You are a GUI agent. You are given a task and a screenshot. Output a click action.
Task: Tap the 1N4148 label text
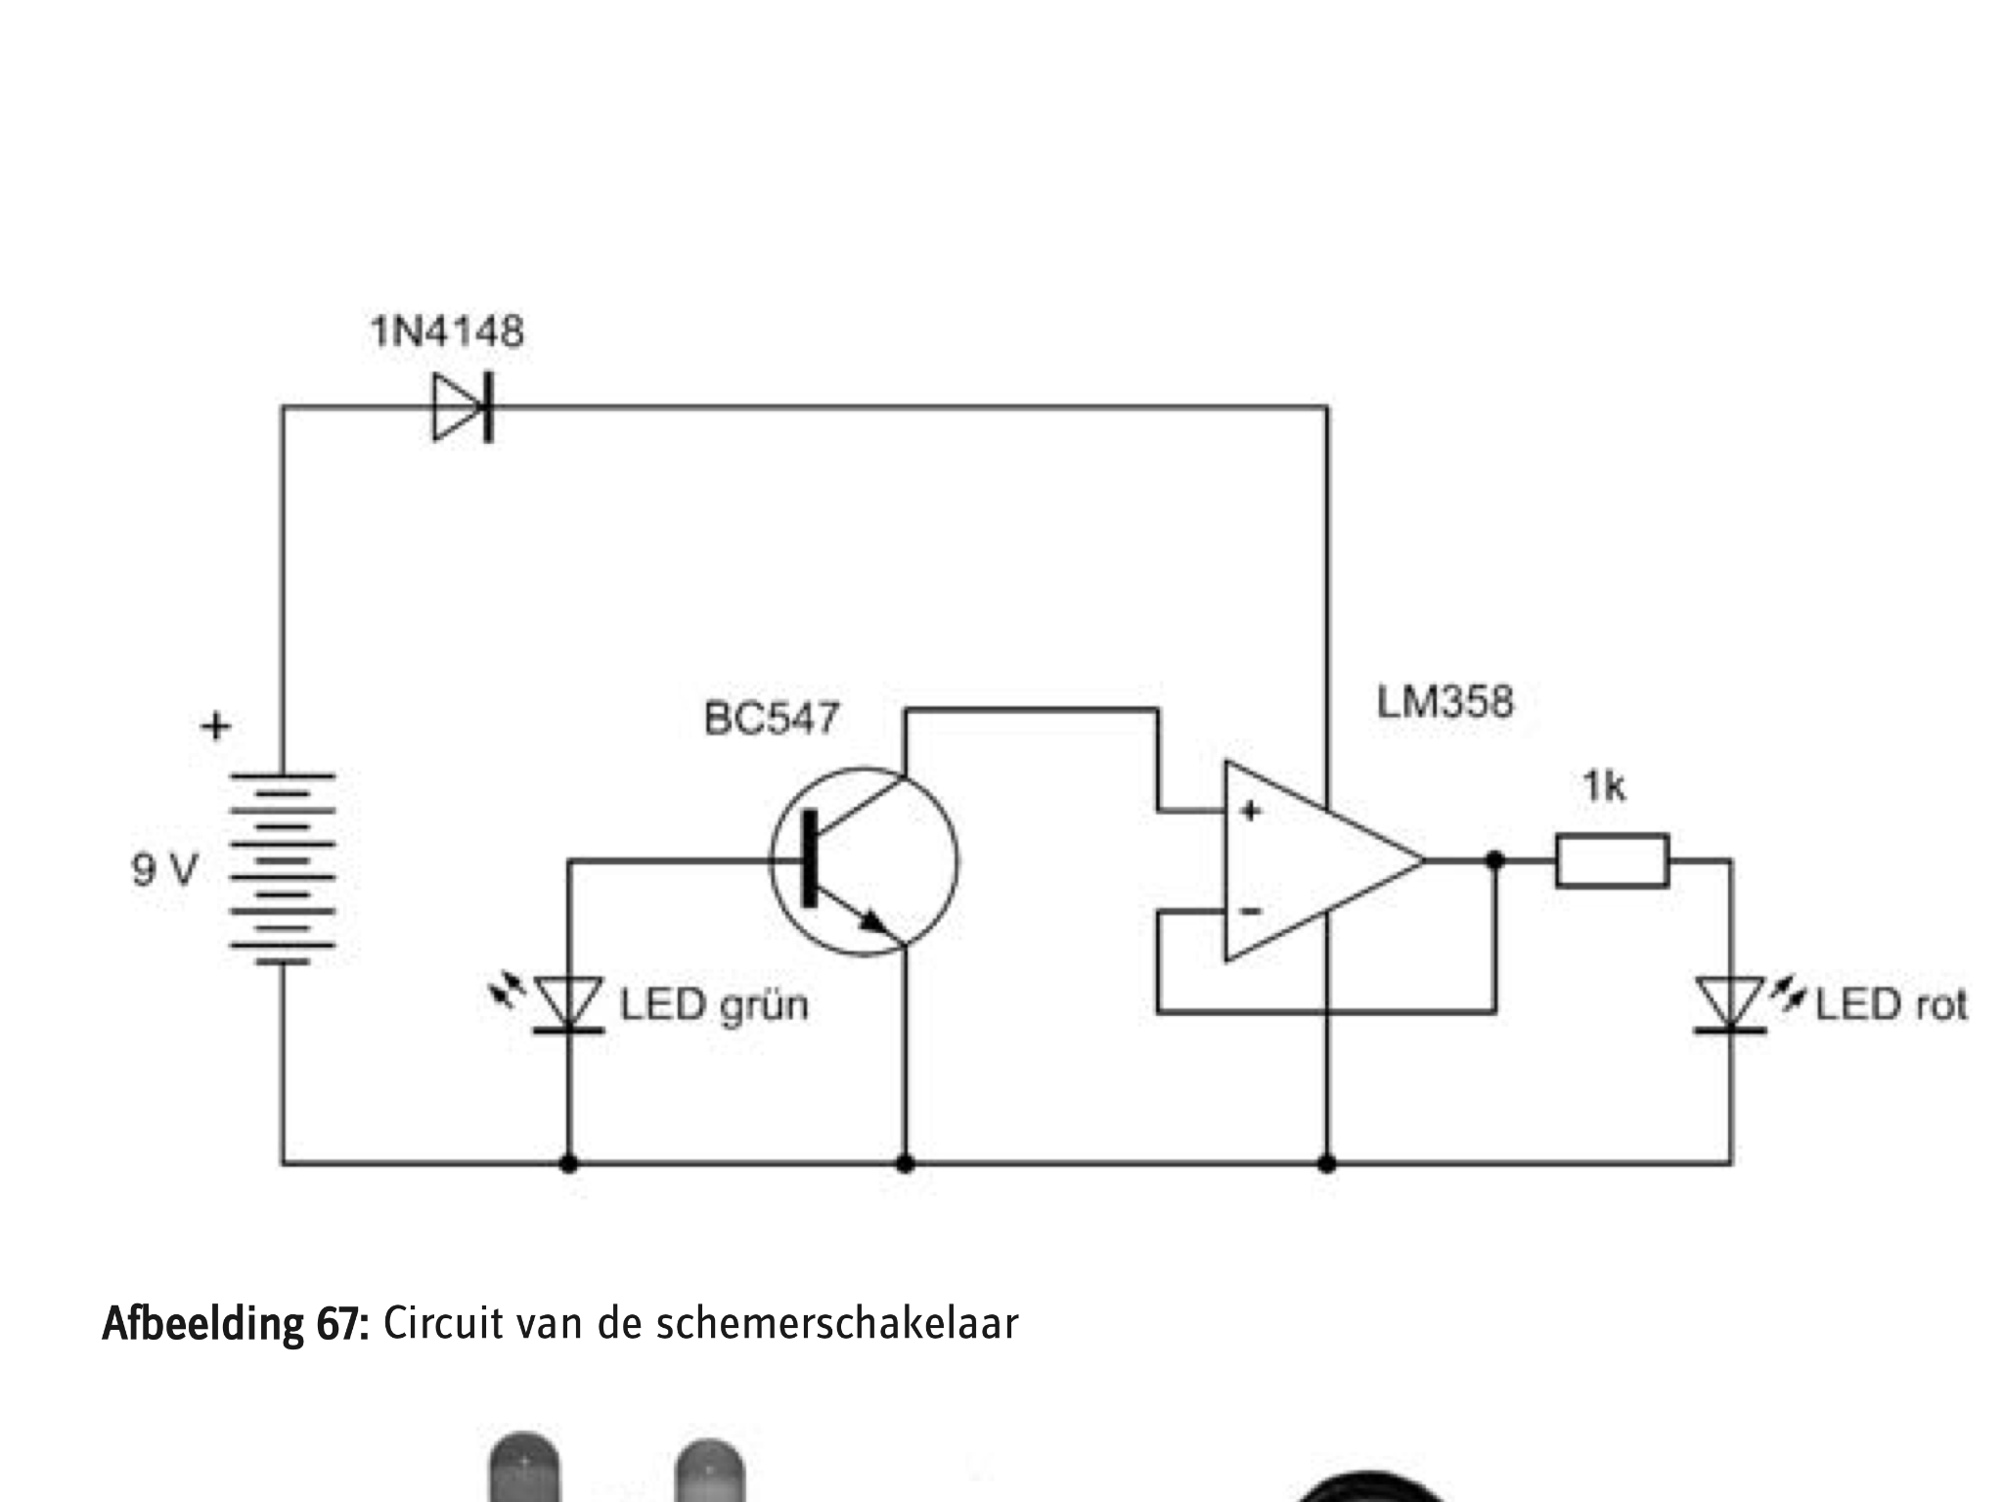[x=447, y=332]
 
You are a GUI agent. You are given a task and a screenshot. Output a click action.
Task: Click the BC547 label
[x=772, y=719]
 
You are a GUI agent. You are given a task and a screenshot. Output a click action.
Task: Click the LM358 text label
[x=1446, y=702]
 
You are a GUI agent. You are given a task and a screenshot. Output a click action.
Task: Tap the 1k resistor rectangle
[x=1613, y=861]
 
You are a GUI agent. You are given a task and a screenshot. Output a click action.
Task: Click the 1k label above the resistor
[x=1604, y=786]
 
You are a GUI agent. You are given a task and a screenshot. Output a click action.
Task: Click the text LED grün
[x=715, y=1005]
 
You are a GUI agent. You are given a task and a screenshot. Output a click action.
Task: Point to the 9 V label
[x=164, y=869]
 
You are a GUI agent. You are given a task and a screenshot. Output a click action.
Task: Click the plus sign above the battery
[x=216, y=727]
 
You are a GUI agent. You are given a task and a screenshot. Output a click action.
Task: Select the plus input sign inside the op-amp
[x=1250, y=811]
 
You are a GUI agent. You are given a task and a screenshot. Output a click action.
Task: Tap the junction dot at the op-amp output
[x=1494, y=861]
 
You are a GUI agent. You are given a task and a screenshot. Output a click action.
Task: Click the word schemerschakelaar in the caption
[x=837, y=1324]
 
